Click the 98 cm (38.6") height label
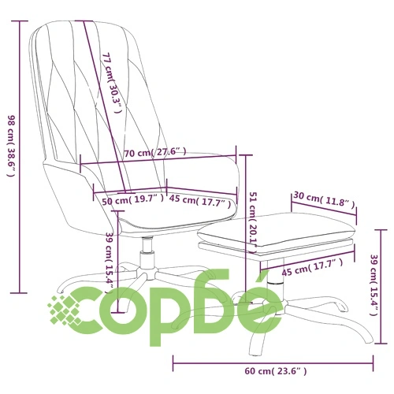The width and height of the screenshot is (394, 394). click(12, 146)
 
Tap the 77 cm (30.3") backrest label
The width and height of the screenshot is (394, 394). click(112, 83)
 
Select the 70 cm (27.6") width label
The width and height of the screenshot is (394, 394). click(155, 152)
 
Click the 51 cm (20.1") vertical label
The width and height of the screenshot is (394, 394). click(253, 223)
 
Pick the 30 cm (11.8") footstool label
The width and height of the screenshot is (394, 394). click(324, 199)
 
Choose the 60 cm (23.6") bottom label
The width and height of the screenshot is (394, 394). click(276, 371)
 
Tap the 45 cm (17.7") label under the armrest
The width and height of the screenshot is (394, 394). click(200, 201)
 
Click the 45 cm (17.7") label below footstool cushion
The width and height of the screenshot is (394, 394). click(312, 267)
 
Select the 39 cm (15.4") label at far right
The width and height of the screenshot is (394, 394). click(374, 285)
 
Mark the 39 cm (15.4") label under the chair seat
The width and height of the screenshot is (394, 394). click(110, 262)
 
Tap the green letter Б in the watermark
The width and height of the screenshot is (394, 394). click(216, 301)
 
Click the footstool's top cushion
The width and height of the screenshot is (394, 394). click(276, 228)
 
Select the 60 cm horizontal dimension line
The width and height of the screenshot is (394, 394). click(273, 363)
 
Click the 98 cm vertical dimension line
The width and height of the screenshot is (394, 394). click(20, 157)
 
